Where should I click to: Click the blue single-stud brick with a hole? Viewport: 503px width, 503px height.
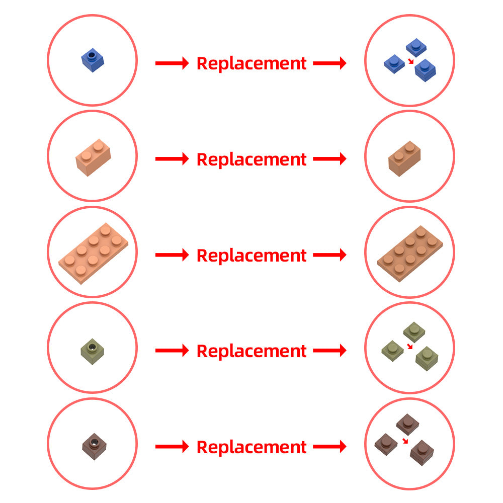pyautogui.click(x=93, y=60)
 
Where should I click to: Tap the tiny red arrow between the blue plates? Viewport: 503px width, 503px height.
pyautogui.click(x=410, y=61)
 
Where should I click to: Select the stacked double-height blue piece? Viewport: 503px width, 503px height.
pyautogui.click(x=425, y=70)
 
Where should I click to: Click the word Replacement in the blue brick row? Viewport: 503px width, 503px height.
pyautogui.click(x=251, y=63)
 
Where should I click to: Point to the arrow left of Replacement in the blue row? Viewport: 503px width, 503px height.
pyautogui.click(x=172, y=63)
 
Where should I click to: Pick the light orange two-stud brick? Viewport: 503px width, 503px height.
pyautogui.click(x=93, y=157)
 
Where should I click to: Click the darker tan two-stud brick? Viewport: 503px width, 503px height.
pyautogui.click(x=404, y=158)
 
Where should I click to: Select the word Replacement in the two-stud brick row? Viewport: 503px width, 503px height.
pyautogui.click(x=251, y=159)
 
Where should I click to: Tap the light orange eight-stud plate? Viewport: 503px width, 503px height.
pyautogui.click(x=93, y=254)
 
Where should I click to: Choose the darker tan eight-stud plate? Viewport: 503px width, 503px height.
pyautogui.click(x=409, y=254)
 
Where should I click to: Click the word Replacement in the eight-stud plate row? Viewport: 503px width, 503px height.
pyautogui.click(x=251, y=255)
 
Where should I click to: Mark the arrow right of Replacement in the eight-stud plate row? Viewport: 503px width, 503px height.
pyautogui.click(x=330, y=255)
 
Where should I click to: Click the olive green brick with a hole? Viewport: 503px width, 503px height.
pyautogui.click(x=93, y=352)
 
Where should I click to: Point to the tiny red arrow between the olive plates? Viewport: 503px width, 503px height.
pyautogui.click(x=409, y=346)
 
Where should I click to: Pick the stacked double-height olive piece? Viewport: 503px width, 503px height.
pyautogui.click(x=427, y=359)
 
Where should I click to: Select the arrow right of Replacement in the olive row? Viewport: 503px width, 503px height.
pyautogui.click(x=330, y=350)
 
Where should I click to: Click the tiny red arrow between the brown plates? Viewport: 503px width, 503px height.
pyautogui.click(x=405, y=441)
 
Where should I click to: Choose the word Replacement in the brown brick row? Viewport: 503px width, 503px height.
pyautogui.click(x=251, y=447)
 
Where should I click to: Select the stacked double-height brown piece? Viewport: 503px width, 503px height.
pyautogui.click(x=422, y=453)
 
